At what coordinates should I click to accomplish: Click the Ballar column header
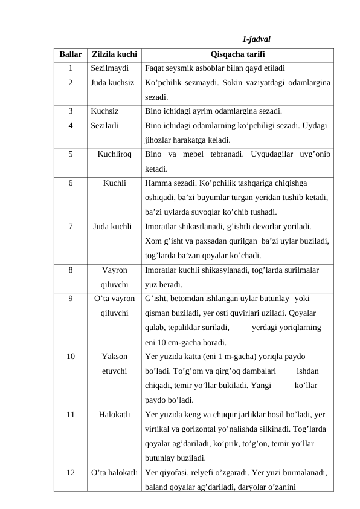(71, 54)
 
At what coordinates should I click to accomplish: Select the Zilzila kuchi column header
(115, 54)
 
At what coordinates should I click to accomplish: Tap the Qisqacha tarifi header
(237, 54)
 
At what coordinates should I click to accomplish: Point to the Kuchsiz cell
(104, 111)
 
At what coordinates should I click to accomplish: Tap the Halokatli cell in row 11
(115, 415)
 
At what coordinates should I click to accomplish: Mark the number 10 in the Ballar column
(71, 357)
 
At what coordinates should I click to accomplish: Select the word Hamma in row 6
(157, 182)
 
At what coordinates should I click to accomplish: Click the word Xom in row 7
(153, 240)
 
